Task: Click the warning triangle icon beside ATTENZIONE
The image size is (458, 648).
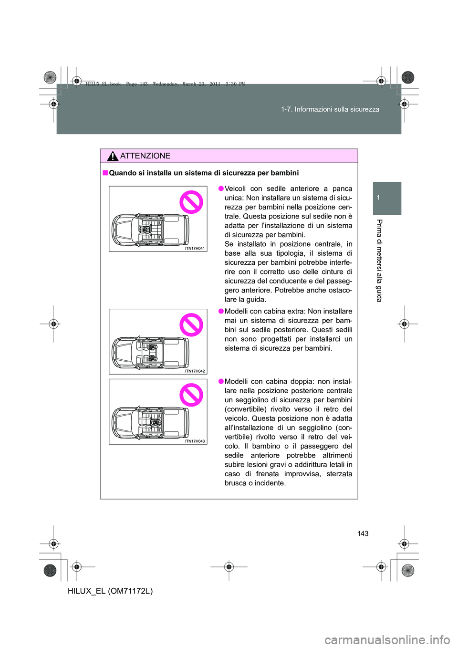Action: click(113, 156)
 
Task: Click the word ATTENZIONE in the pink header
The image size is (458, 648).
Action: click(145, 156)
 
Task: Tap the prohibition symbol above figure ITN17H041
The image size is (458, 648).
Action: click(191, 202)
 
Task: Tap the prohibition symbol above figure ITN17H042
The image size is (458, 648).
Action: click(191, 325)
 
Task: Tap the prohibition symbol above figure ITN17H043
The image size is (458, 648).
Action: click(191, 395)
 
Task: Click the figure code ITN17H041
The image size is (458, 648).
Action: click(195, 248)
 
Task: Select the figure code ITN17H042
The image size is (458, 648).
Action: click(195, 371)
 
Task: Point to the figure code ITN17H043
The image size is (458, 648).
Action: click(195, 441)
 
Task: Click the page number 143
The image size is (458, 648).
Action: click(363, 533)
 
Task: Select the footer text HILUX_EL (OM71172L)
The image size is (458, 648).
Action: click(110, 591)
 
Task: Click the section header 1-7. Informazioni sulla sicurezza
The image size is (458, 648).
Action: click(330, 109)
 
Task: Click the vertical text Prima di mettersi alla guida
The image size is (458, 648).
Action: click(379, 261)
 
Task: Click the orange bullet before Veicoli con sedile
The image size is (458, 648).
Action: click(221, 188)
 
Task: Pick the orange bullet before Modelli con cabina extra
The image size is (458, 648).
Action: click(221, 311)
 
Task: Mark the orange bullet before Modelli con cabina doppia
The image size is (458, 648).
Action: click(221, 381)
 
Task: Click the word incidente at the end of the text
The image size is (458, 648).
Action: click(270, 483)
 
